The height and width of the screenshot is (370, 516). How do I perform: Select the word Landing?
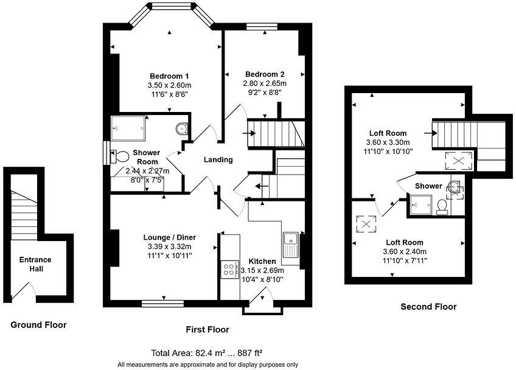point(218,160)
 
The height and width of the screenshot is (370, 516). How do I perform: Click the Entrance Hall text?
point(35,264)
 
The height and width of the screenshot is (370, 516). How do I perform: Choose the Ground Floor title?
point(38,325)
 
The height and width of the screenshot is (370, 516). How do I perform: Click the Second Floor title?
point(428,307)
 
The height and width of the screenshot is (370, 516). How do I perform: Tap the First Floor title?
point(207,329)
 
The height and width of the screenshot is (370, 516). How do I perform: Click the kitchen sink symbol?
point(290,245)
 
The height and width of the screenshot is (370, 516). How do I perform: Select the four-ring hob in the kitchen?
point(229,269)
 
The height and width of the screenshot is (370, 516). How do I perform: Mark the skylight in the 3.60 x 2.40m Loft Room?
point(366,224)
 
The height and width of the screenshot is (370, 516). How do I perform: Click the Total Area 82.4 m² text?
point(206,353)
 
